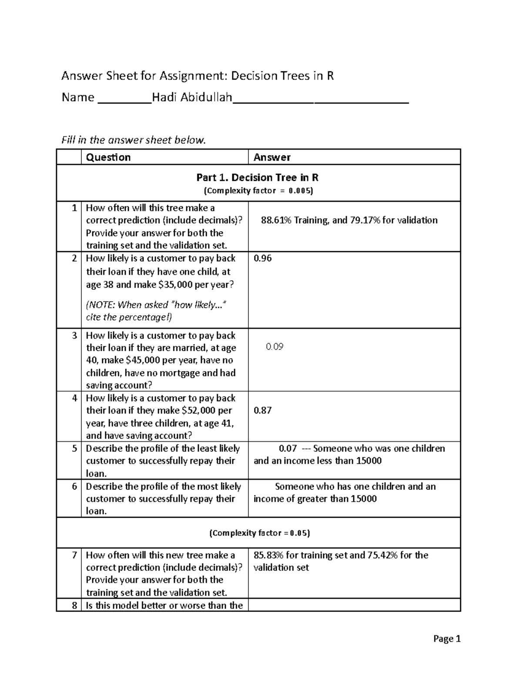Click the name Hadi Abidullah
(x=192, y=97)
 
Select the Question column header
(x=108, y=157)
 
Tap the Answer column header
(x=272, y=157)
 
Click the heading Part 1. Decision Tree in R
(x=258, y=177)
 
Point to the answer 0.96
(x=262, y=258)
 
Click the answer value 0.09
(x=274, y=347)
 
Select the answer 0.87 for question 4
(x=262, y=410)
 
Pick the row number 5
(x=74, y=449)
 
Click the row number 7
(x=74, y=555)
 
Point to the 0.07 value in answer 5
(x=288, y=449)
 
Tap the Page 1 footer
(x=447, y=639)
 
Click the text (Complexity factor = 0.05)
(x=259, y=533)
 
